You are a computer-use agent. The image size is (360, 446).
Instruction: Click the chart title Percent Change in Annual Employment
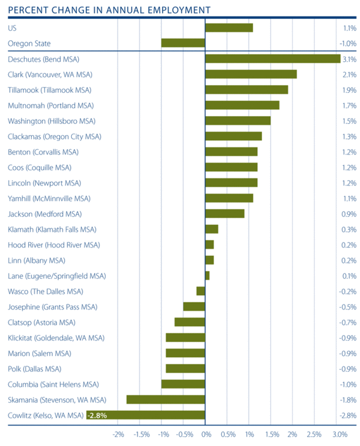point(109,10)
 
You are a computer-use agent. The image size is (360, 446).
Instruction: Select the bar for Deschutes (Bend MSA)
point(272,59)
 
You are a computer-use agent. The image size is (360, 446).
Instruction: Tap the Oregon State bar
point(183,43)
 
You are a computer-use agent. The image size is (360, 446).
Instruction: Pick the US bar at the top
point(229,28)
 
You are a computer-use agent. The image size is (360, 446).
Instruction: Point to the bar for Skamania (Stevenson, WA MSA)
point(166,400)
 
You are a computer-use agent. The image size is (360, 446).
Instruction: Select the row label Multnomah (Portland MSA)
point(51,106)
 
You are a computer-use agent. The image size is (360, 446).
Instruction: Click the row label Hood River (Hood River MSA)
point(54,245)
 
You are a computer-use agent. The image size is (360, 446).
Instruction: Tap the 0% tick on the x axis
point(206,434)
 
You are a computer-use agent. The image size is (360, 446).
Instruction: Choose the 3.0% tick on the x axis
point(340,434)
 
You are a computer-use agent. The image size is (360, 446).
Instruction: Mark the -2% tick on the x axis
point(118,434)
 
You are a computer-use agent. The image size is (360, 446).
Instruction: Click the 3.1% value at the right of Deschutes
point(349,59)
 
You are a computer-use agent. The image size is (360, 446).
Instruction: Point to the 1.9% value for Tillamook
point(349,90)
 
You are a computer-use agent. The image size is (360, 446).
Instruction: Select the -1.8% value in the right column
point(348,400)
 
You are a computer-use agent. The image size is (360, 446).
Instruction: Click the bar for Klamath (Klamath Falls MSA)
point(212,229)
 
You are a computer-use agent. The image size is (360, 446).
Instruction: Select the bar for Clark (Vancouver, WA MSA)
point(251,74)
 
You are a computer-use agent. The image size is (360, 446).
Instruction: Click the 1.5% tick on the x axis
point(272,434)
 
